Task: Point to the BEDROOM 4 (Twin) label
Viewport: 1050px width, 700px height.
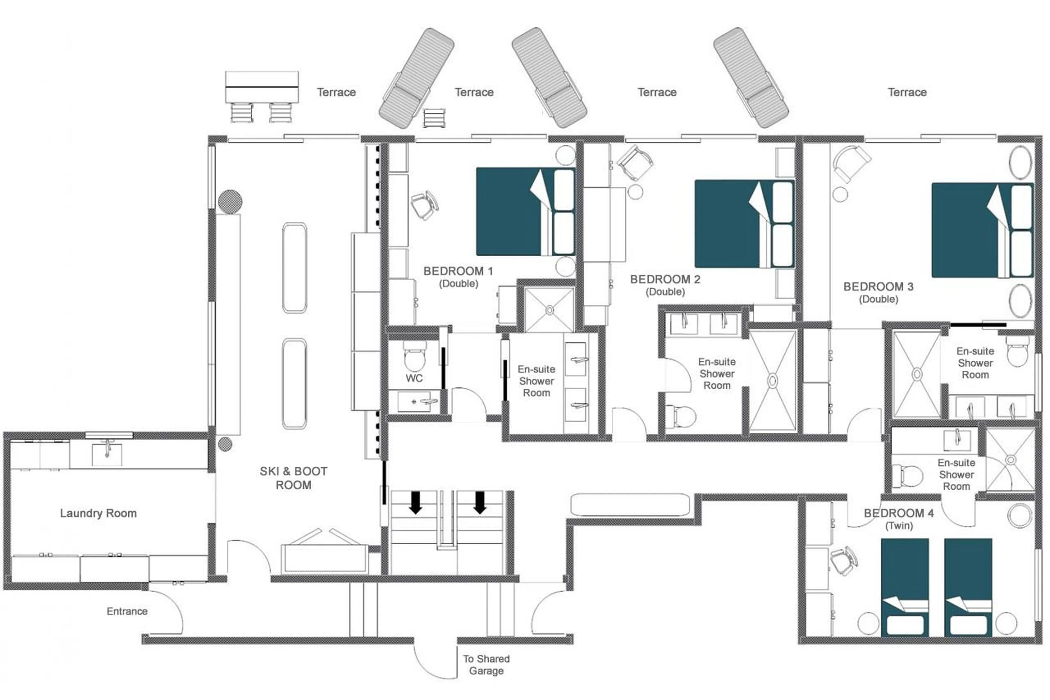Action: [x=898, y=519]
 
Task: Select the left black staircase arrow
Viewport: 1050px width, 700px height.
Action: [x=415, y=502]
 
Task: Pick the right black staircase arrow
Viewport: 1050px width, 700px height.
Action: [x=480, y=502]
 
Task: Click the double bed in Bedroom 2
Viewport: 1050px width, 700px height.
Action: [x=744, y=224]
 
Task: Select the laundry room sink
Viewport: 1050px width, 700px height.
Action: [x=107, y=454]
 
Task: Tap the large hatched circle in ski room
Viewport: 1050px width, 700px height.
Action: [x=230, y=201]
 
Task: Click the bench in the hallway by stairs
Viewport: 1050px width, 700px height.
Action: [x=630, y=504]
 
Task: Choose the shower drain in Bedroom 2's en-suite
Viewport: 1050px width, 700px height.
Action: [x=772, y=380]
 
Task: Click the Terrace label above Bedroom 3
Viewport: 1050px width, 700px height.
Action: [x=907, y=92]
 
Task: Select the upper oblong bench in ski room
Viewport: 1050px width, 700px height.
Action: [x=294, y=268]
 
